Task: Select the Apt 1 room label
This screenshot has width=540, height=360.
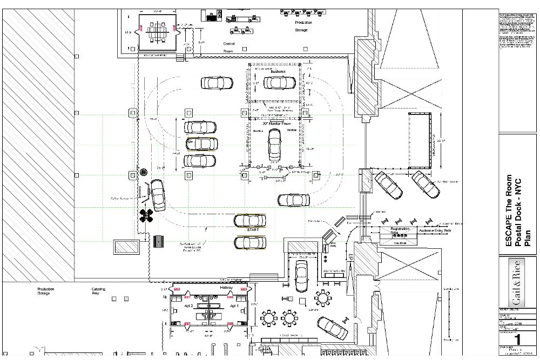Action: [x=233, y=305]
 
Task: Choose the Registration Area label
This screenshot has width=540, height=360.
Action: [x=400, y=232]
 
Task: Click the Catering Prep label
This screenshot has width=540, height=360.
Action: [x=98, y=293]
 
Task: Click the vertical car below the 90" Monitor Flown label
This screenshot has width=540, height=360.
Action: [x=274, y=147]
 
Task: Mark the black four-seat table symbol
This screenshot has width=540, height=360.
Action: [x=146, y=216]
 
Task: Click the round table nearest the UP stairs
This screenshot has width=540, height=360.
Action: [x=322, y=298]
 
